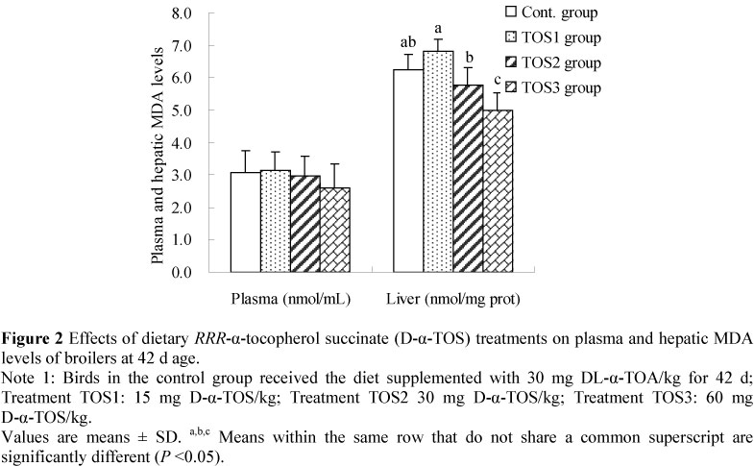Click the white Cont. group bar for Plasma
pos(245,222)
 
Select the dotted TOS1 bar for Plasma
pos(276,221)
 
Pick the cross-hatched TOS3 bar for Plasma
pos(335,230)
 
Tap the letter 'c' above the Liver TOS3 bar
pos(498,81)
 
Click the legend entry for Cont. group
pos(552,12)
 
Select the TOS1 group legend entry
pos(552,38)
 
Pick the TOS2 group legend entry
pos(552,63)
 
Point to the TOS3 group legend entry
pos(552,88)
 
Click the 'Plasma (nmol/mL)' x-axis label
pos(287,299)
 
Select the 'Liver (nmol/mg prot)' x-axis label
pos(458,299)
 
